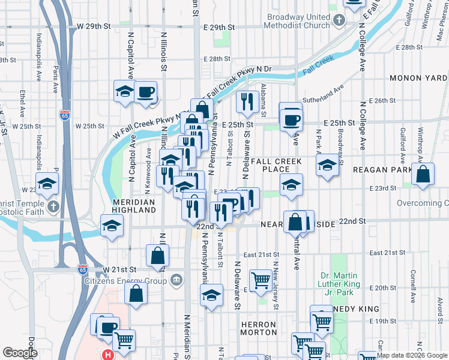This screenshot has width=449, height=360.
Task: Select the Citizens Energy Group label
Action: click(127, 281)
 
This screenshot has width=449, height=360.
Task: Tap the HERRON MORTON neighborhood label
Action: click(258, 328)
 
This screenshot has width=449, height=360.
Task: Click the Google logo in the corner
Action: click(20, 353)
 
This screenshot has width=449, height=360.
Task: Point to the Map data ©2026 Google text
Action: click(411, 355)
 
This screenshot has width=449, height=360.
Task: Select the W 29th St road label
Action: click(95, 28)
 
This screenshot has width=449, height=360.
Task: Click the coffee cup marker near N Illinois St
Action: click(145, 92)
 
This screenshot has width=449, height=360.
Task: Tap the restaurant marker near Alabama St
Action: click(247, 102)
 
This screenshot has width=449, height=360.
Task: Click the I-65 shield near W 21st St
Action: click(83, 270)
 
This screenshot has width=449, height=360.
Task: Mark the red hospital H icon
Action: click(107, 355)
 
